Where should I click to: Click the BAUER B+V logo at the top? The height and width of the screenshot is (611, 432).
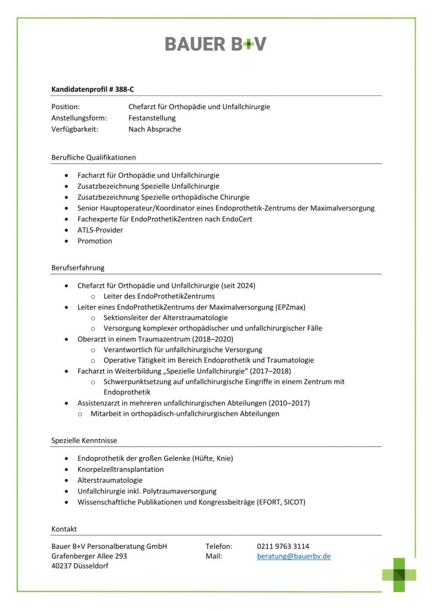tap(215, 44)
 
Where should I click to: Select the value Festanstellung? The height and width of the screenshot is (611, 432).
tap(152, 118)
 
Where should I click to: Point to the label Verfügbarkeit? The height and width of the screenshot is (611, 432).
tap(75, 129)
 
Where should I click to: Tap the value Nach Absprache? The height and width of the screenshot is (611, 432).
tap(155, 129)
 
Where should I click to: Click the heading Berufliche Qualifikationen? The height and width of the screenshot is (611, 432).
tap(94, 158)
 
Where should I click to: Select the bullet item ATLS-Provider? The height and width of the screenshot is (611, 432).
tap(100, 230)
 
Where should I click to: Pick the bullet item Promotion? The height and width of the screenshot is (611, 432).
tap(95, 241)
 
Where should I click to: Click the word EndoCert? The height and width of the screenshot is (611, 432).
tap(236, 219)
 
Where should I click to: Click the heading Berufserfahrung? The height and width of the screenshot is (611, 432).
tap(78, 267)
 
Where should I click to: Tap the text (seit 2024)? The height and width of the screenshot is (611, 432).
tap(238, 285)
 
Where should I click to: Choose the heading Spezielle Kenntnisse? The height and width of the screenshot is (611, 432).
tap(84, 440)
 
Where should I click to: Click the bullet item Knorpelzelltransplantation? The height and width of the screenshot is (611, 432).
tap(121, 469)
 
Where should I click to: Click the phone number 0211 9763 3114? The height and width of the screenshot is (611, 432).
tap(283, 546)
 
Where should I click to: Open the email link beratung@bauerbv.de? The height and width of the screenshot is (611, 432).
tap(294, 556)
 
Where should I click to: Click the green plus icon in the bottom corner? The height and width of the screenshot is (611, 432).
tap(399, 574)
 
